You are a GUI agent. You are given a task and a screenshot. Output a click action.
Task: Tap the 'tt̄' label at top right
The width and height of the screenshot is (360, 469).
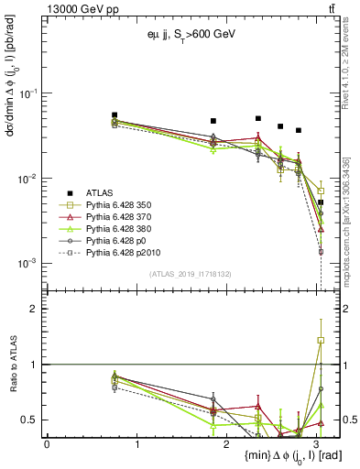pyautogui.click(x=332, y=8)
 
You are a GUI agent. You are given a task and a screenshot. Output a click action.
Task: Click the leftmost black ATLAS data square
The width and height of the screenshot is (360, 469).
pyautogui.click(x=115, y=115)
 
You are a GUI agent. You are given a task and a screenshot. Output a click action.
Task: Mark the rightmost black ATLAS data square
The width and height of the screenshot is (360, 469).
pyautogui.click(x=320, y=202)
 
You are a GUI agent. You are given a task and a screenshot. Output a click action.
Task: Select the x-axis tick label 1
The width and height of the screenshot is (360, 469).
pyautogui.click(x=136, y=444)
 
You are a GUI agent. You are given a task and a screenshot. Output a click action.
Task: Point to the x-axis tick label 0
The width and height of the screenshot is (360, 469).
pyautogui.click(x=47, y=444)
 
